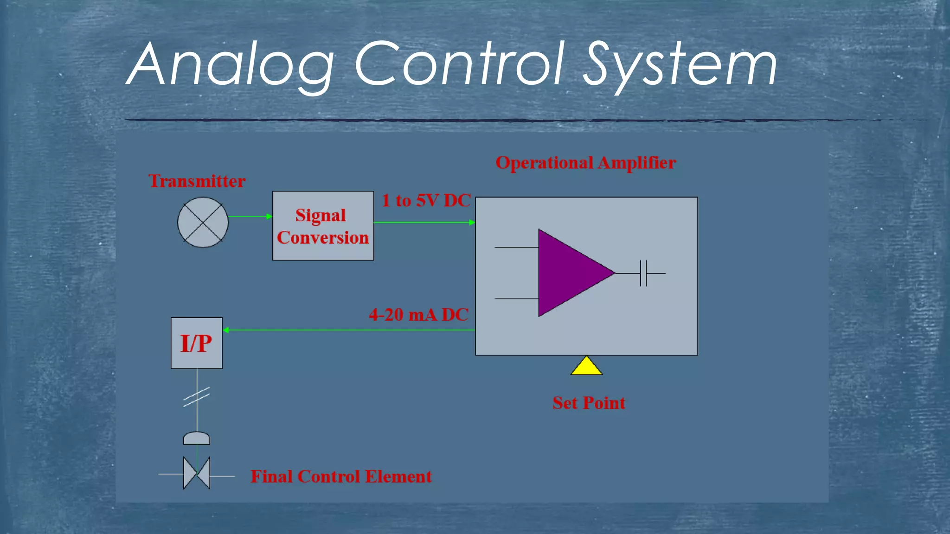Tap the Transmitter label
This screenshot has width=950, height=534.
click(197, 181)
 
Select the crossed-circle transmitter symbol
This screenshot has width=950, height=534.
click(203, 222)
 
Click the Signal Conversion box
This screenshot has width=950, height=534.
click(323, 226)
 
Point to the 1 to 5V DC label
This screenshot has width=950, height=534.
click(426, 201)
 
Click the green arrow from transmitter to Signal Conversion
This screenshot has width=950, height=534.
click(250, 216)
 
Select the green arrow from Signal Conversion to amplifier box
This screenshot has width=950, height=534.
click(424, 222)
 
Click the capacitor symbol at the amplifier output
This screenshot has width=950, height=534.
click(643, 273)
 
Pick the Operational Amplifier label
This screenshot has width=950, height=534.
click(585, 163)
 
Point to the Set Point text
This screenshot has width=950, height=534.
click(588, 403)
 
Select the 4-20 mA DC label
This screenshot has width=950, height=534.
click(418, 315)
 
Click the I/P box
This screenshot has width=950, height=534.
click(196, 343)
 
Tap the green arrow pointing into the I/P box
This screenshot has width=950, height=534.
click(348, 330)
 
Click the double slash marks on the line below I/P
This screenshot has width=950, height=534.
click(197, 397)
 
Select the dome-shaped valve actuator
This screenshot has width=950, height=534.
click(197, 438)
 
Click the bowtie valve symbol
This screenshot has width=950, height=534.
click(197, 473)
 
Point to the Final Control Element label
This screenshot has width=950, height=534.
click(341, 477)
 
